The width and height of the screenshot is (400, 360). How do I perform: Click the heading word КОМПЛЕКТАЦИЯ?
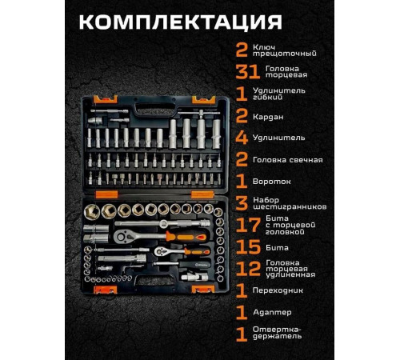click(200, 22)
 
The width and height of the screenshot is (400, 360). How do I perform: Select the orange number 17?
click(246, 226)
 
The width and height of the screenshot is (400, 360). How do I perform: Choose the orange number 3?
click(241, 202)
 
